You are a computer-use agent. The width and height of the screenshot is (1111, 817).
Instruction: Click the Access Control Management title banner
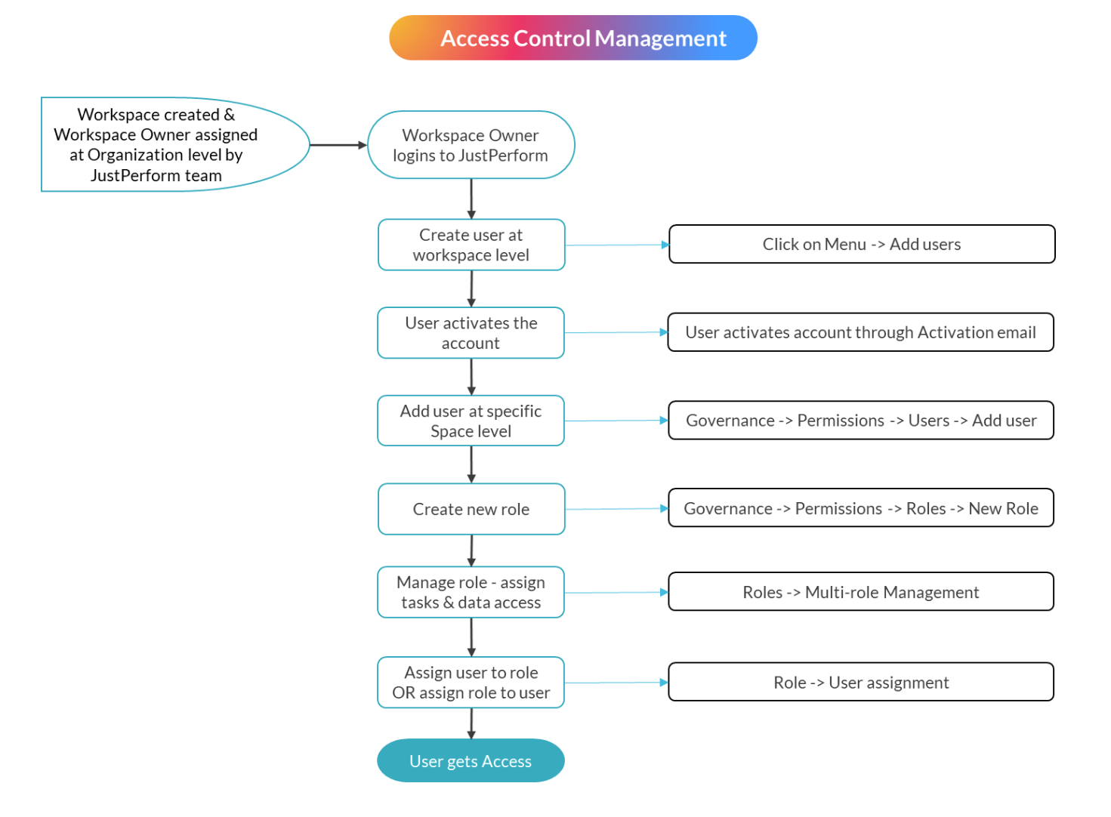click(572, 38)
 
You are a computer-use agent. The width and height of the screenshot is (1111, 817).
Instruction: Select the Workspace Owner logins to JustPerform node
click(471, 145)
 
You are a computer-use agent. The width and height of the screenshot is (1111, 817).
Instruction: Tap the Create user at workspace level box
click(471, 245)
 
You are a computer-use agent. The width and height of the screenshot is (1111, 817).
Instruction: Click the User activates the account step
click(471, 332)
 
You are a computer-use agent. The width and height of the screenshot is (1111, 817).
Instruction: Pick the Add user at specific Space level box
click(471, 421)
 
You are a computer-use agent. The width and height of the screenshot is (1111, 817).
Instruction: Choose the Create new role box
click(471, 509)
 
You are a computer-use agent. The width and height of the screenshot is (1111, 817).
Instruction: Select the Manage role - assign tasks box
click(471, 592)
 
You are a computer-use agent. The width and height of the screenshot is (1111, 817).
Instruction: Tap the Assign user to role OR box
click(471, 682)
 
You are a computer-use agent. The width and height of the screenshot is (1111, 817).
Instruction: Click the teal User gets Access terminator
click(471, 760)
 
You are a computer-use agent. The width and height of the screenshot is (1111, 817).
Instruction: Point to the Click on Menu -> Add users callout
click(861, 244)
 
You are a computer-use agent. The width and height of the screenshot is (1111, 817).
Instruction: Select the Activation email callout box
click(860, 332)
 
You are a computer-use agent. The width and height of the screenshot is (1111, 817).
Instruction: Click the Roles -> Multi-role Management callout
click(860, 592)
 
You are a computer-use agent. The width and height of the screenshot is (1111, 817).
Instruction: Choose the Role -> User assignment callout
click(860, 682)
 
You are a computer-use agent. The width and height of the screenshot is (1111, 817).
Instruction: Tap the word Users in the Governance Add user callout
click(928, 421)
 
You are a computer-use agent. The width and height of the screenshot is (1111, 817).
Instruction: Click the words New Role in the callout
click(1003, 508)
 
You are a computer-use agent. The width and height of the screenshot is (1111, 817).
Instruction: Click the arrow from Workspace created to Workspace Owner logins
click(338, 145)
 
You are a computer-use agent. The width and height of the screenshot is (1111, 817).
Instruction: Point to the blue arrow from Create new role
click(616, 509)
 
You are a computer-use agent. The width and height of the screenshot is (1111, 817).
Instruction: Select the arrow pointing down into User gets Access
click(471, 723)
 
